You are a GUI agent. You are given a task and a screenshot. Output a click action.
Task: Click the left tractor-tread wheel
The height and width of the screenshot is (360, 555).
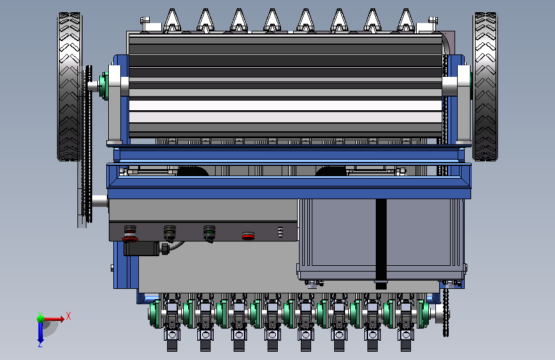[69, 87]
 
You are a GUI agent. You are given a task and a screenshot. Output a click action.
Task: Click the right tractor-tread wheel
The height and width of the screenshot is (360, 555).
[485, 87]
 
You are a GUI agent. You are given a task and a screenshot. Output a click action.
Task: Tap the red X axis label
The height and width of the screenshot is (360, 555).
[68, 316]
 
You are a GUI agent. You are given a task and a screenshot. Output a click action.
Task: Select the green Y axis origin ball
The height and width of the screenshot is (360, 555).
[40, 319]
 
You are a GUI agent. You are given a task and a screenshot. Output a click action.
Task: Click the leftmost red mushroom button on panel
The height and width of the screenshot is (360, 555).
[130, 234]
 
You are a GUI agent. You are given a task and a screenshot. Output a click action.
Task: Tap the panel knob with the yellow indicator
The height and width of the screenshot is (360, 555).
[170, 234]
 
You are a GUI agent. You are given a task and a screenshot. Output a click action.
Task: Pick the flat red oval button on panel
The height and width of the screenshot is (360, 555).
[248, 236]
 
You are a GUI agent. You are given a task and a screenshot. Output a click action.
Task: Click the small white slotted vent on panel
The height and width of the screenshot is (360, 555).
[280, 232]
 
